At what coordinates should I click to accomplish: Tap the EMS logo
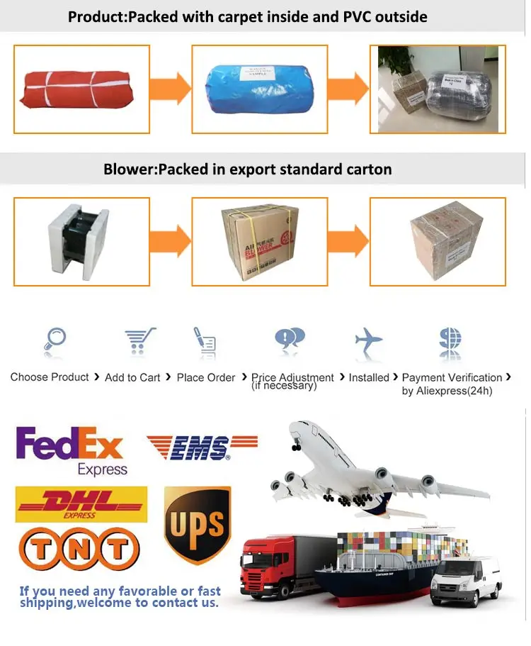(x=201, y=447)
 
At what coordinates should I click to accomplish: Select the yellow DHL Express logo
(x=81, y=503)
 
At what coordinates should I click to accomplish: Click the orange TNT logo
(x=78, y=549)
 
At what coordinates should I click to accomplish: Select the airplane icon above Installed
(x=368, y=341)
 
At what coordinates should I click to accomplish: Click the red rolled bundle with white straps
(x=77, y=89)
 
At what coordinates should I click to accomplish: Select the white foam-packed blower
(x=79, y=241)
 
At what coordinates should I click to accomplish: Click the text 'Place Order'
(x=205, y=378)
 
